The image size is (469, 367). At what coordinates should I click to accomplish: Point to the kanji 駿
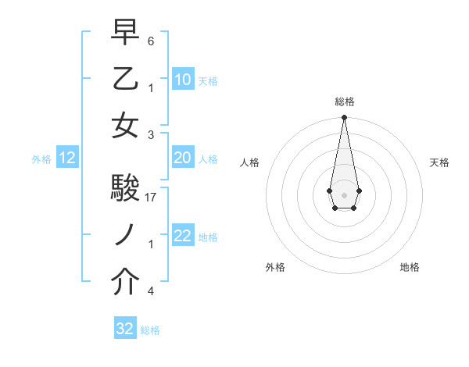[x=126, y=188]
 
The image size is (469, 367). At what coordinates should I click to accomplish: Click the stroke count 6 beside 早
[x=151, y=41]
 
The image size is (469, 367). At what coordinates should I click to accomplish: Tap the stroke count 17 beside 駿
[x=152, y=198]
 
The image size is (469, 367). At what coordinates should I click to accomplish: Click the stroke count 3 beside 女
[x=151, y=135]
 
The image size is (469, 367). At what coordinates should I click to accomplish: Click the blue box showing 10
[x=182, y=79]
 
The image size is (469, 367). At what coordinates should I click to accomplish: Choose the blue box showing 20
[x=182, y=158]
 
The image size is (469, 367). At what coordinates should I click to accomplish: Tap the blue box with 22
[x=182, y=237]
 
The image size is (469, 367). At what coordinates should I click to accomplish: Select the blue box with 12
[x=67, y=158]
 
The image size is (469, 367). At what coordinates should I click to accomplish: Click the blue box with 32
[x=125, y=329]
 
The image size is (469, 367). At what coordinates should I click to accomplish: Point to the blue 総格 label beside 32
[x=150, y=330]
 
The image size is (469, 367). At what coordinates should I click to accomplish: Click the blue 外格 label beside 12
[x=41, y=159]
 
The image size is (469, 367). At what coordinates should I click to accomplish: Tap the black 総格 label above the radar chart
[x=344, y=102]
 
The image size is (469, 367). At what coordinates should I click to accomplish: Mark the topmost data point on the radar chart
[x=344, y=118]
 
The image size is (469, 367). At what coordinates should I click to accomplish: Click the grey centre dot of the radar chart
[x=344, y=194]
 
